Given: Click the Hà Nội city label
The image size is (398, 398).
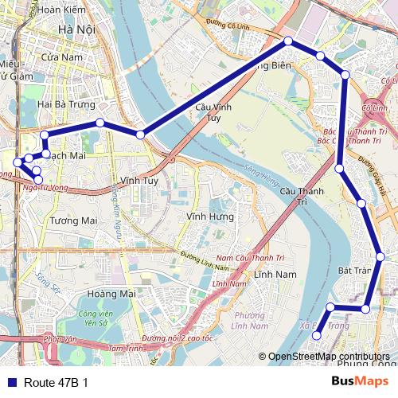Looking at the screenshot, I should tap(76, 29).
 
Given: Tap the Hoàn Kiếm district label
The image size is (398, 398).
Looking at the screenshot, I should tap(61, 10).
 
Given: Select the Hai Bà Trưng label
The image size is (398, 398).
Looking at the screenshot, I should tap(66, 104).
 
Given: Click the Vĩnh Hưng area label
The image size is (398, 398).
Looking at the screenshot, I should tap(209, 216).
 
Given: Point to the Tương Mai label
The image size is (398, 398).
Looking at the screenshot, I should tap(73, 220).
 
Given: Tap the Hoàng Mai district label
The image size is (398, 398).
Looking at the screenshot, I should tap(111, 294).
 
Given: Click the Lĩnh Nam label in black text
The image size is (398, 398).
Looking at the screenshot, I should tap(275, 274).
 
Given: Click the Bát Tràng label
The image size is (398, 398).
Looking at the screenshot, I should tap(354, 271).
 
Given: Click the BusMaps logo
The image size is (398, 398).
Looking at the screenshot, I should tap(360, 382).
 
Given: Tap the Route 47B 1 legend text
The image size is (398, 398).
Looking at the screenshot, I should tap(56, 383).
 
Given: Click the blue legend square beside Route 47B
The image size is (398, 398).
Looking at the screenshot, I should tap(10, 383).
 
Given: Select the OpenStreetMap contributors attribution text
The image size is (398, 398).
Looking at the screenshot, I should tap(327, 357).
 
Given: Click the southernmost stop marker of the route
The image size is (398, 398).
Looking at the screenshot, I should tap(316, 336).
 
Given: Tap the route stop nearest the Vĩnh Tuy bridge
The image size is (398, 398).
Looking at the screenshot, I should tap(140, 135).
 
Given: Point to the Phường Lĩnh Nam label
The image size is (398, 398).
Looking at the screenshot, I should tap(248, 319).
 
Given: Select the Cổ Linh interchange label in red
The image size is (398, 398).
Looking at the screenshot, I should tap(374, 107).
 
